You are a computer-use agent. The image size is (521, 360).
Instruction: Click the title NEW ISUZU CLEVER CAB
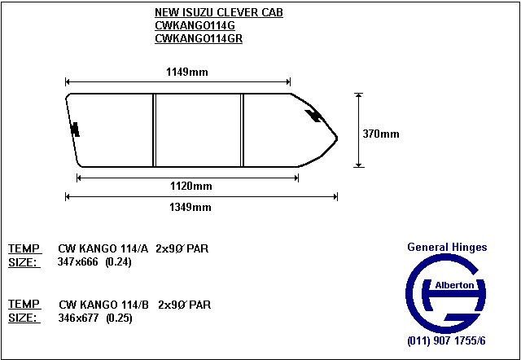click(219, 13)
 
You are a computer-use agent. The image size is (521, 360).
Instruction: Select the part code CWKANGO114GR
click(199, 38)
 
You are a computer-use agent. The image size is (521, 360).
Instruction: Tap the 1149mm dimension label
click(187, 72)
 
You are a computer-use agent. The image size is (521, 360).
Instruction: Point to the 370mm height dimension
click(381, 134)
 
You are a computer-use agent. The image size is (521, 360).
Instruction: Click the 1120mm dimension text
click(191, 187)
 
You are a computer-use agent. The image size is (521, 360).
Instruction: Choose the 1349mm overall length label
click(190, 208)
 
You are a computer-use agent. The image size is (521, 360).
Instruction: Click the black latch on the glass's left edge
click(76, 130)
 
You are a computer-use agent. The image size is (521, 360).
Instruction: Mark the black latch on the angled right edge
click(313, 115)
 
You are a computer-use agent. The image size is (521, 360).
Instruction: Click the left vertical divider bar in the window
click(154, 130)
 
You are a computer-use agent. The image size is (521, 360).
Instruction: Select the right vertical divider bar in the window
click(243, 130)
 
